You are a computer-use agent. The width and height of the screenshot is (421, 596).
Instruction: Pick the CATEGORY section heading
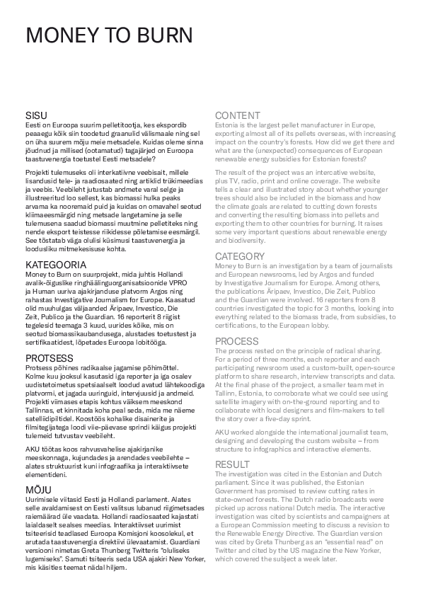241,256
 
